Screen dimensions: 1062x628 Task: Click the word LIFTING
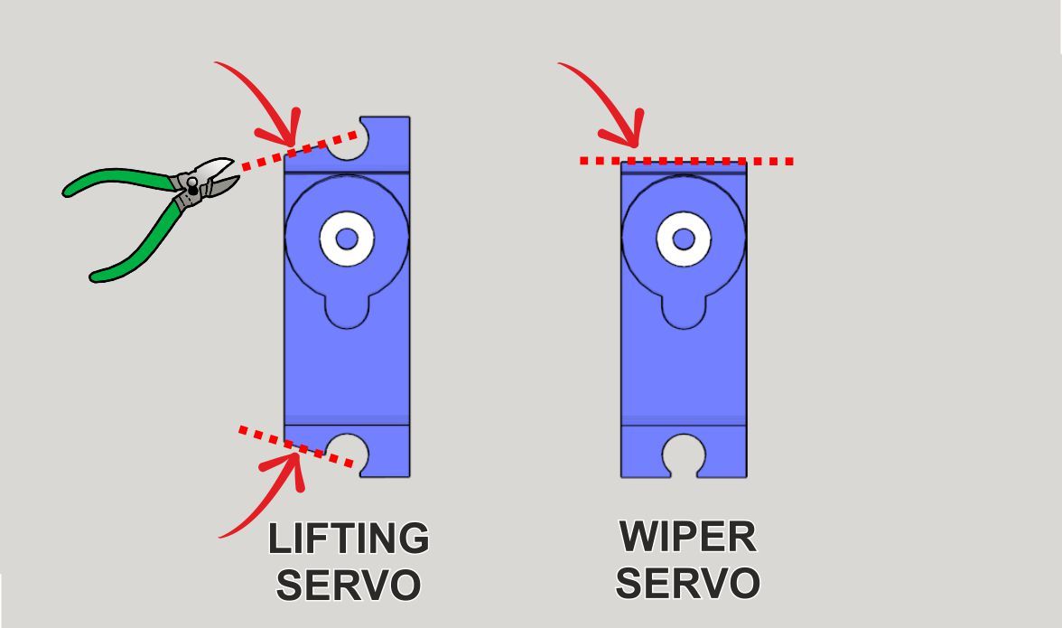click(349, 539)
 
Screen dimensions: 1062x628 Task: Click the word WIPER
click(687, 537)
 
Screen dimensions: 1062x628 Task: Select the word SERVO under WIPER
click(687, 583)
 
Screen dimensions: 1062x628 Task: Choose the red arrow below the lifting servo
click(264, 502)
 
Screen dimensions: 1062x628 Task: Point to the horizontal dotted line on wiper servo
click(686, 161)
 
